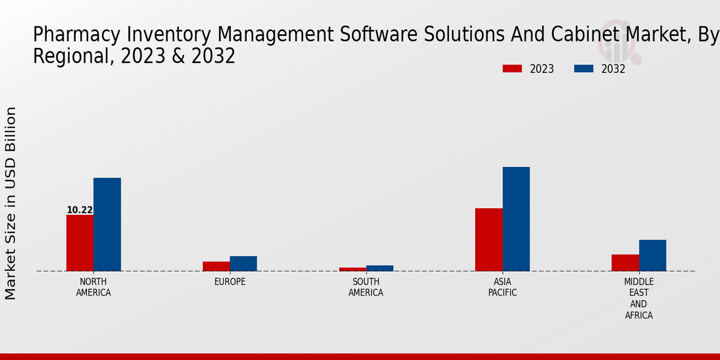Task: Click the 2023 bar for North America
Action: point(80,243)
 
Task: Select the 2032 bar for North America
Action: point(107,224)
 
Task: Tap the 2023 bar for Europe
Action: point(216,266)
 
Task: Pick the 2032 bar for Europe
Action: point(243,263)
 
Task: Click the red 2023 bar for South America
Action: point(352,269)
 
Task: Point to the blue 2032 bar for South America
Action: point(380,268)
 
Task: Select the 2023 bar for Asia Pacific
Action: point(488,239)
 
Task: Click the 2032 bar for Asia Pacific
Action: point(516,219)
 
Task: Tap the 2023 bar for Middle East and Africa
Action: point(625,263)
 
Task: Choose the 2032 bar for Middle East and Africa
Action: point(652,256)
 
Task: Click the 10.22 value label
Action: point(79,210)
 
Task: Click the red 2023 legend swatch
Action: point(512,69)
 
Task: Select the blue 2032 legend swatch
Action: point(583,69)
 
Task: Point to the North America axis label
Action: point(93,287)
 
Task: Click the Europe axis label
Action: point(230,282)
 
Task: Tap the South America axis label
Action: point(366,287)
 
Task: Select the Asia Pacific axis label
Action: point(502,287)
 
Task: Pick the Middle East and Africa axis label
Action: point(638,298)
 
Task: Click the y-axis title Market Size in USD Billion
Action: point(11,203)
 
